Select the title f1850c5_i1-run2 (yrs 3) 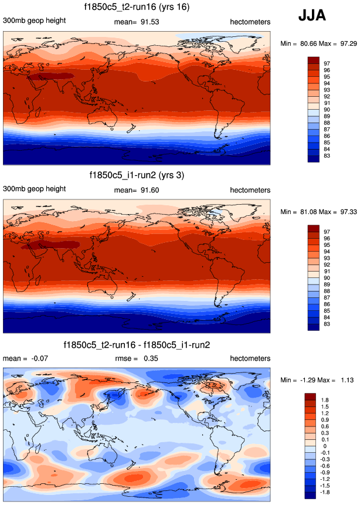[137, 175]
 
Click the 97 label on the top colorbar [327, 62]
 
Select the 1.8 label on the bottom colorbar [328, 399]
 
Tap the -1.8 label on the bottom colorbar [329, 493]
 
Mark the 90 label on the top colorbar [327, 109]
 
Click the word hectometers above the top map [250, 22]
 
